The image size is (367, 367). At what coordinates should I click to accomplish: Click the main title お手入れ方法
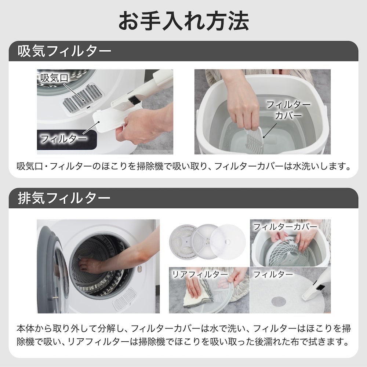coord(183,21)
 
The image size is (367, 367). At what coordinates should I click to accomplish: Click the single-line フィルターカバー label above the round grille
coord(285,226)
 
